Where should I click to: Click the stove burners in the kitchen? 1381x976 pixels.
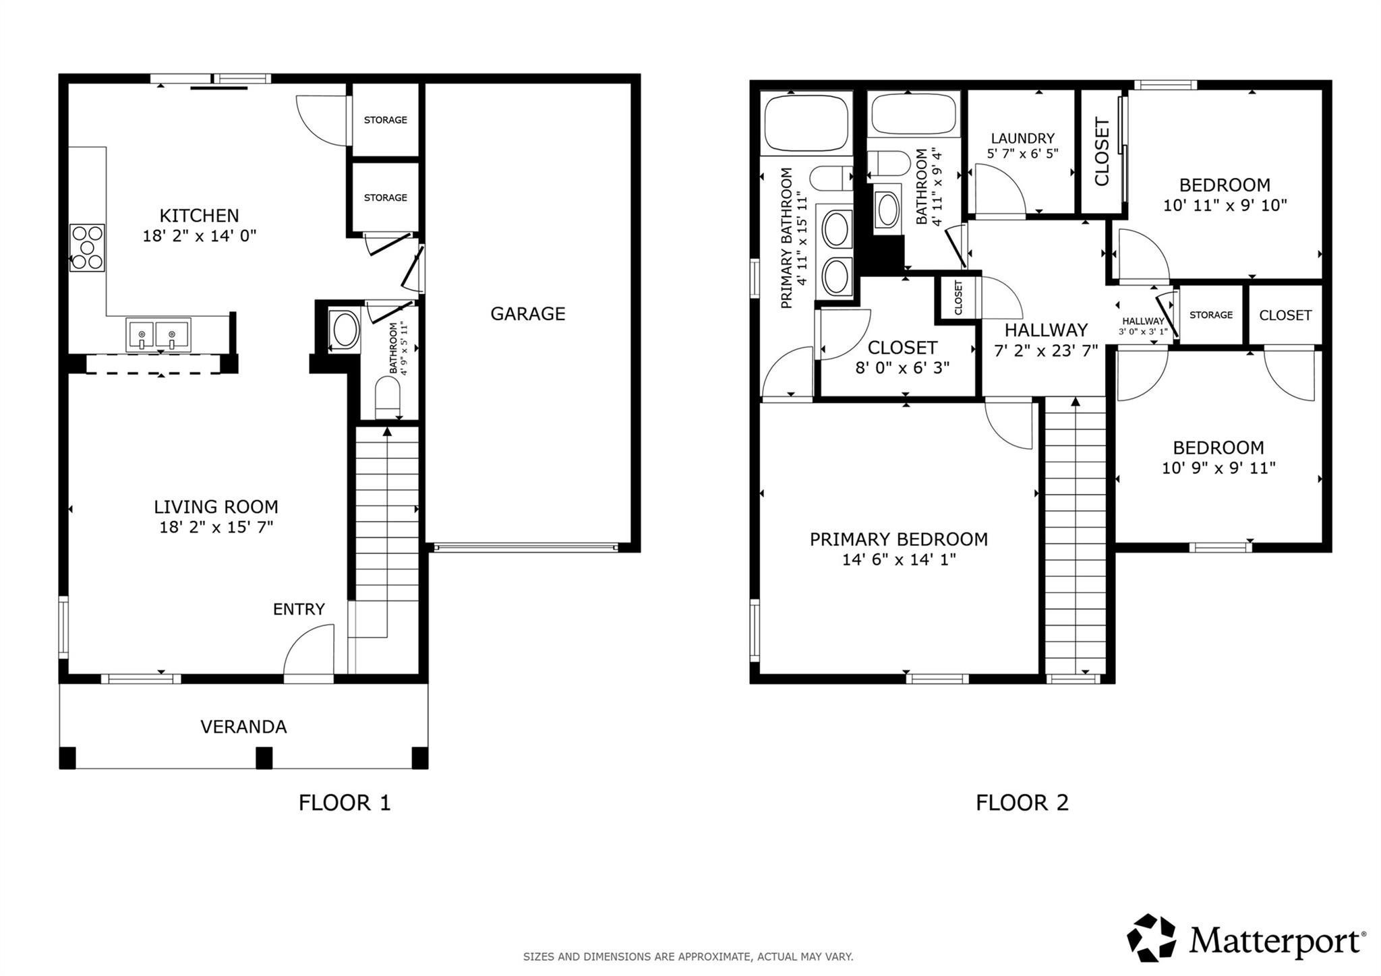pos(88,247)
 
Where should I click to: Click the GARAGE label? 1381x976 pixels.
pos(527,313)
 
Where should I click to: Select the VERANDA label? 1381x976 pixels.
pos(243,727)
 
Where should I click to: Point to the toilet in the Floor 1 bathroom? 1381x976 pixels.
pos(388,398)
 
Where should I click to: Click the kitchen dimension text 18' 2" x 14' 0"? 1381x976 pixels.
pos(200,236)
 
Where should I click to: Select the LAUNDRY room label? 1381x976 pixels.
pos(1022,138)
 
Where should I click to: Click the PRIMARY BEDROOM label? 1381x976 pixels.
pos(898,539)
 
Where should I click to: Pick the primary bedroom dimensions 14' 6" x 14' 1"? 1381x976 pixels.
pos(898,559)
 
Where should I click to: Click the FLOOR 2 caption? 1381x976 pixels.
pos(1022,803)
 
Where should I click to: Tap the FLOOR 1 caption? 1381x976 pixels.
pos(345,803)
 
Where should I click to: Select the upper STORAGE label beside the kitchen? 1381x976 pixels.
pos(385,120)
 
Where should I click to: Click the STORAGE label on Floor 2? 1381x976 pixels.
pos(1210,315)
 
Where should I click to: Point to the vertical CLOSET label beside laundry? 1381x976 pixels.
pos(1102,152)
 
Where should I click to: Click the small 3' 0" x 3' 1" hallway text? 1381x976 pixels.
pos(1143,332)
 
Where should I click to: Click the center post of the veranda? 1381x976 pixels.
pos(264,758)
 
